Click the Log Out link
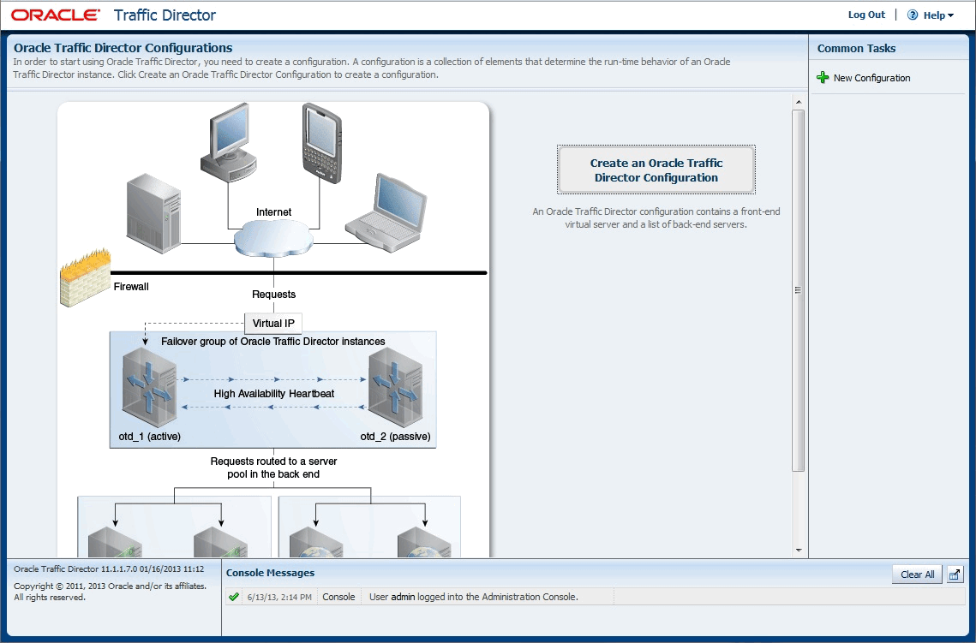pyautogui.click(x=865, y=15)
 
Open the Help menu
pyautogui.click(x=930, y=15)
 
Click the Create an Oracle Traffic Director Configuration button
pyautogui.click(x=656, y=170)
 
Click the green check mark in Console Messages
pyautogui.click(x=234, y=597)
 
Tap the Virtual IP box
pyautogui.click(x=273, y=324)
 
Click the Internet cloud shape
pyautogui.click(x=273, y=239)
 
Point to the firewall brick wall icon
pyautogui.click(x=86, y=277)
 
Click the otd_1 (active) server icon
pyautogui.click(x=149, y=387)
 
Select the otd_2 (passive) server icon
pyautogui.click(x=395, y=387)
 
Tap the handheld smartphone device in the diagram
pyautogui.click(x=322, y=143)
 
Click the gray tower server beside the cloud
pyautogui.click(x=153, y=213)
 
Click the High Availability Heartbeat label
pyautogui.click(x=274, y=394)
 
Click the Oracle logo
pyautogui.click(x=56, y=15)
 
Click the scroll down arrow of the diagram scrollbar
pyautogui.click(x=798, y=551)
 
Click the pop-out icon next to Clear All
pyautogui.click(x=955, y=575)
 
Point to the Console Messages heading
pyautogui.click(x=270, y=573)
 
